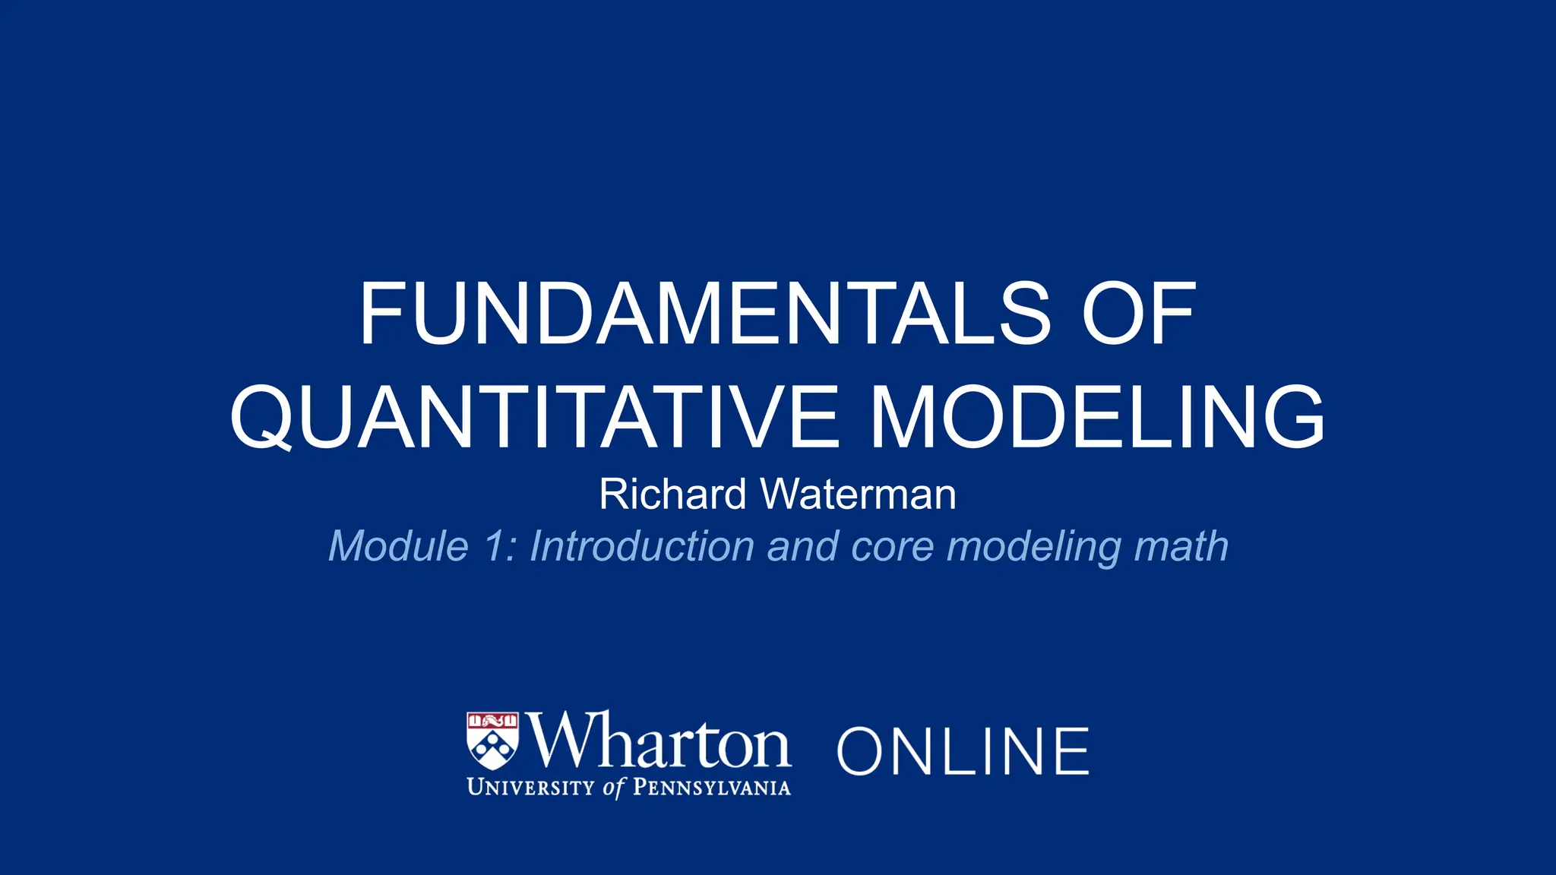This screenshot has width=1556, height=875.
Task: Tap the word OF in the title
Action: tap(1139, 314)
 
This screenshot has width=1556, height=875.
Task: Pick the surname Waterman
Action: tap(859, 494)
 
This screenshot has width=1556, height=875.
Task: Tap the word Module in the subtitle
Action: tap(399, 546)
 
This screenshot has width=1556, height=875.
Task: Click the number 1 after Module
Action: tap(497, 546)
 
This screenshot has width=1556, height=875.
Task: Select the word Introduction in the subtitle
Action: tap(642, 546)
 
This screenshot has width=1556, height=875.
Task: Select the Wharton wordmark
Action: tap(659, 741)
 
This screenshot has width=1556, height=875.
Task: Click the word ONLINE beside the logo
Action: tap(963, 751)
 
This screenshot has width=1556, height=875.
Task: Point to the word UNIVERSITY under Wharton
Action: tap(530, 788)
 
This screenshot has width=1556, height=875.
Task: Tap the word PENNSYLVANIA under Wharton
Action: tap(711, 788)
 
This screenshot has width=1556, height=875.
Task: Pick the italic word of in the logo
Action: tap(612, 788)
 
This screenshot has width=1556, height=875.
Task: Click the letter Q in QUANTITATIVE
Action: tap(261, 417)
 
